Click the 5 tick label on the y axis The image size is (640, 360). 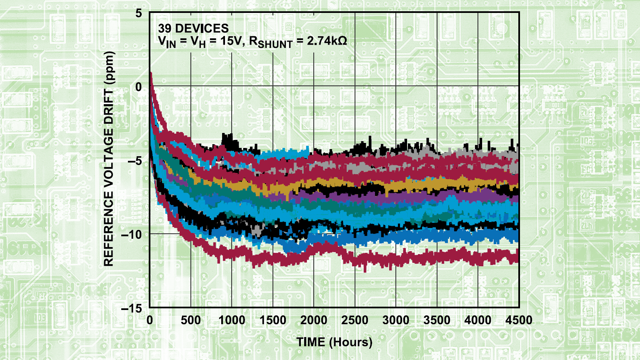(x=139, y=13)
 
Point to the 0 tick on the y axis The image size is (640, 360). (x=139, y=87)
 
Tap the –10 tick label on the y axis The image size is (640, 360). (x=131, y=235)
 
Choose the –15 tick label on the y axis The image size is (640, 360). (x=131, y=309)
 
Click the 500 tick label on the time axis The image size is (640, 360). (x=191, y=320)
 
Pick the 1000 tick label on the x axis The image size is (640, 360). (x=232, y=320)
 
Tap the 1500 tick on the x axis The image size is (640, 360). (x=273, y=320)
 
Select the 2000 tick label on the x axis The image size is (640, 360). (x=314, y=320)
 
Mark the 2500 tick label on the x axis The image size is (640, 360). (x=355, y=320)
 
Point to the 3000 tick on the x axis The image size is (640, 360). (x=396, y=320)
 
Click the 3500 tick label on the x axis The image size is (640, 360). (x=437, y=320)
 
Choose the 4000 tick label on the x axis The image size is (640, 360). (x=477, y=320)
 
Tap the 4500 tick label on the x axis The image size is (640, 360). (x=519, y=320)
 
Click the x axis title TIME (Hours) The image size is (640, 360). (x=334, y=342)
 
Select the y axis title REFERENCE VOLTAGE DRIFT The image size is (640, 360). (x=109, y=158)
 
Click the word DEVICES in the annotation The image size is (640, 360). (x=202, y=28)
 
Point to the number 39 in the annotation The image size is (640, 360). (x=165, y=28)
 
